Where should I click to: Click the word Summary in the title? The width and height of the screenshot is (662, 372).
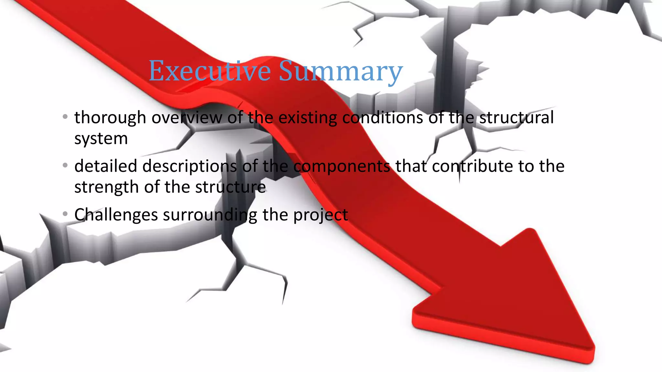click(x=341, y=72)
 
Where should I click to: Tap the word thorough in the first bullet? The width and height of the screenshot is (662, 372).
click(x=110, y=118)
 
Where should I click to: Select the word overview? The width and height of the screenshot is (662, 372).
click(x=187, y=118)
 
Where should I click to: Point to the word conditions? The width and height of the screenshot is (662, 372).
click(x=383, y=118)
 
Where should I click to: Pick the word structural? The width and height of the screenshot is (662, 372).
click(x=516, y=118)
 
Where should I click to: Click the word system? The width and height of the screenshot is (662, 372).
click(x=101, y=139)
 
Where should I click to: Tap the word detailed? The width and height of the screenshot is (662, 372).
click(x=106, y=166)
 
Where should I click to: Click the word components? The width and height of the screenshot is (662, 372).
click(x=342, y=167)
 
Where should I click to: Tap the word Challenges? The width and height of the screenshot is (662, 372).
click(x=116, y=215)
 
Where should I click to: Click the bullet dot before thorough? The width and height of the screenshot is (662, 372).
click(x=65, y=117)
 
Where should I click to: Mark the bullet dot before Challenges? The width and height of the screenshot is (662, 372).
click(x=65, y=214)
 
